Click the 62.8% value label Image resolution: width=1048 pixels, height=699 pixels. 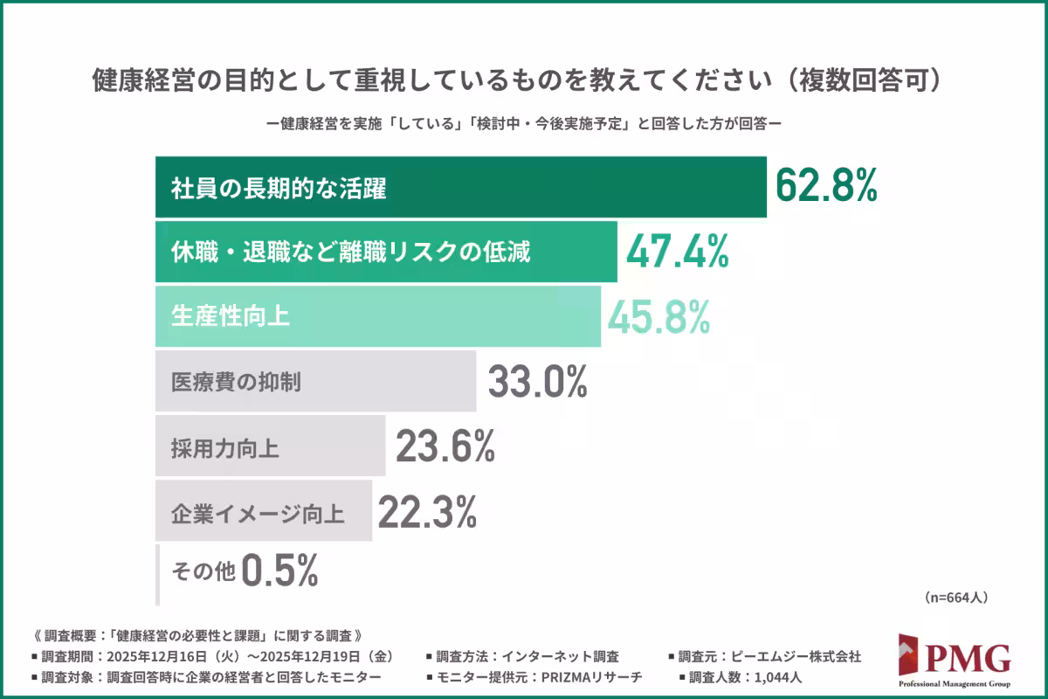coord(826,187)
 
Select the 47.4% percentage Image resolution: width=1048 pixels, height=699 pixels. coord(678,252)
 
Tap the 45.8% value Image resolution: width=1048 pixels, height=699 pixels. coord(658,316)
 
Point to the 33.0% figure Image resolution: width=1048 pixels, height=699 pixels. coord(537,382)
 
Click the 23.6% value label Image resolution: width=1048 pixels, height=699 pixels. coord(445,447)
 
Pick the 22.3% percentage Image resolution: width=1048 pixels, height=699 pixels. coord(427,511)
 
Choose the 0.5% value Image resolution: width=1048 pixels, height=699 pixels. coord(279,571)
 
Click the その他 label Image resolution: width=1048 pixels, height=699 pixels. coord(203,572)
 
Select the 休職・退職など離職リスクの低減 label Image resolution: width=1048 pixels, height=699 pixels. coord(350,253)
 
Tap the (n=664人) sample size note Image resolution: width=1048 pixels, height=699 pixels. coord(955,598)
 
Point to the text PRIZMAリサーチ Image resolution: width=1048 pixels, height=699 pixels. coord(593,677)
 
